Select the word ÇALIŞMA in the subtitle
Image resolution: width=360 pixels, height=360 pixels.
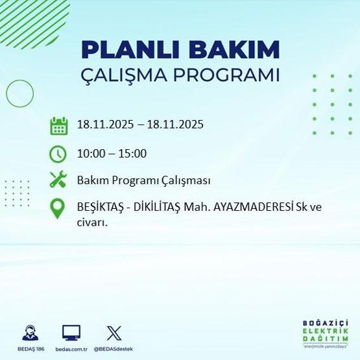120,75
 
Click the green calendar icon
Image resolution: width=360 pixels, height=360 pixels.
59,125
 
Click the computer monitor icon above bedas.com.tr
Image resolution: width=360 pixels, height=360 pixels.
71,333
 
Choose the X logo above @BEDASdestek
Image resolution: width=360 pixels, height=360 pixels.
113,333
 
